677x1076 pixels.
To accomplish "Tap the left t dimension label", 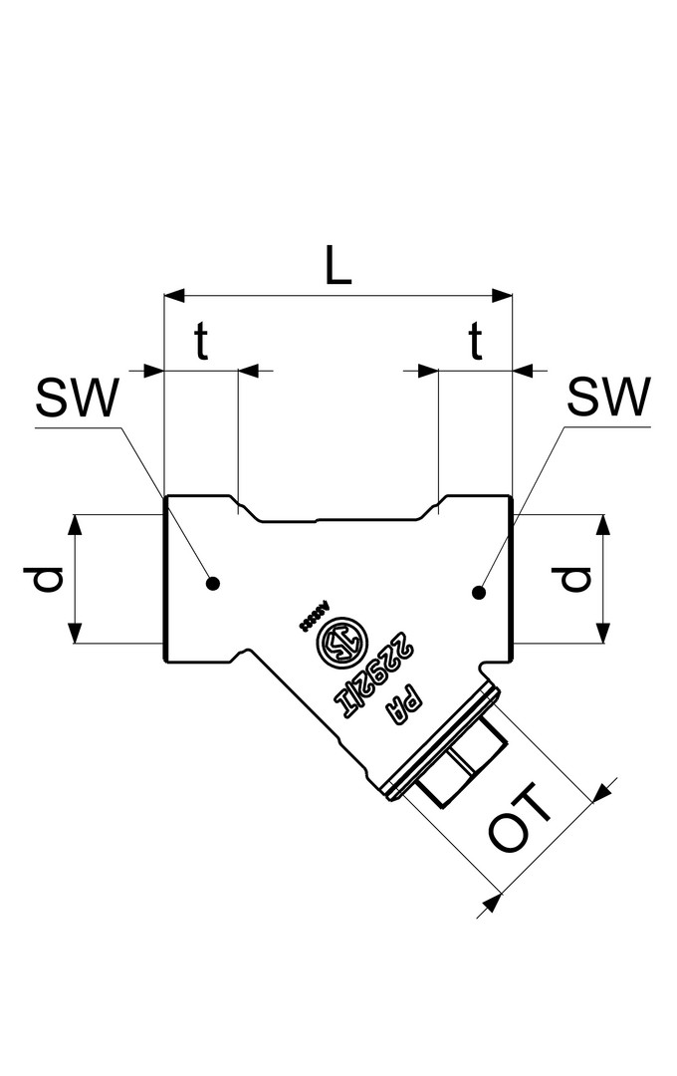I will [201, 344].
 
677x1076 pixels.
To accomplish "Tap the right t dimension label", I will [476, 344].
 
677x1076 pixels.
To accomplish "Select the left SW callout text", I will [77, 401].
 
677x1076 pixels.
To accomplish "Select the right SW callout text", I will [607, 401].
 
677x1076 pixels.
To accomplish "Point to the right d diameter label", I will [575, 579].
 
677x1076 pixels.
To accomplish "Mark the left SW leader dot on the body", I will [212, 583].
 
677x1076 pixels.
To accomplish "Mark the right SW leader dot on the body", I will [479, 593].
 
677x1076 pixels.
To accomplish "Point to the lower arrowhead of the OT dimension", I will [489, 903].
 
